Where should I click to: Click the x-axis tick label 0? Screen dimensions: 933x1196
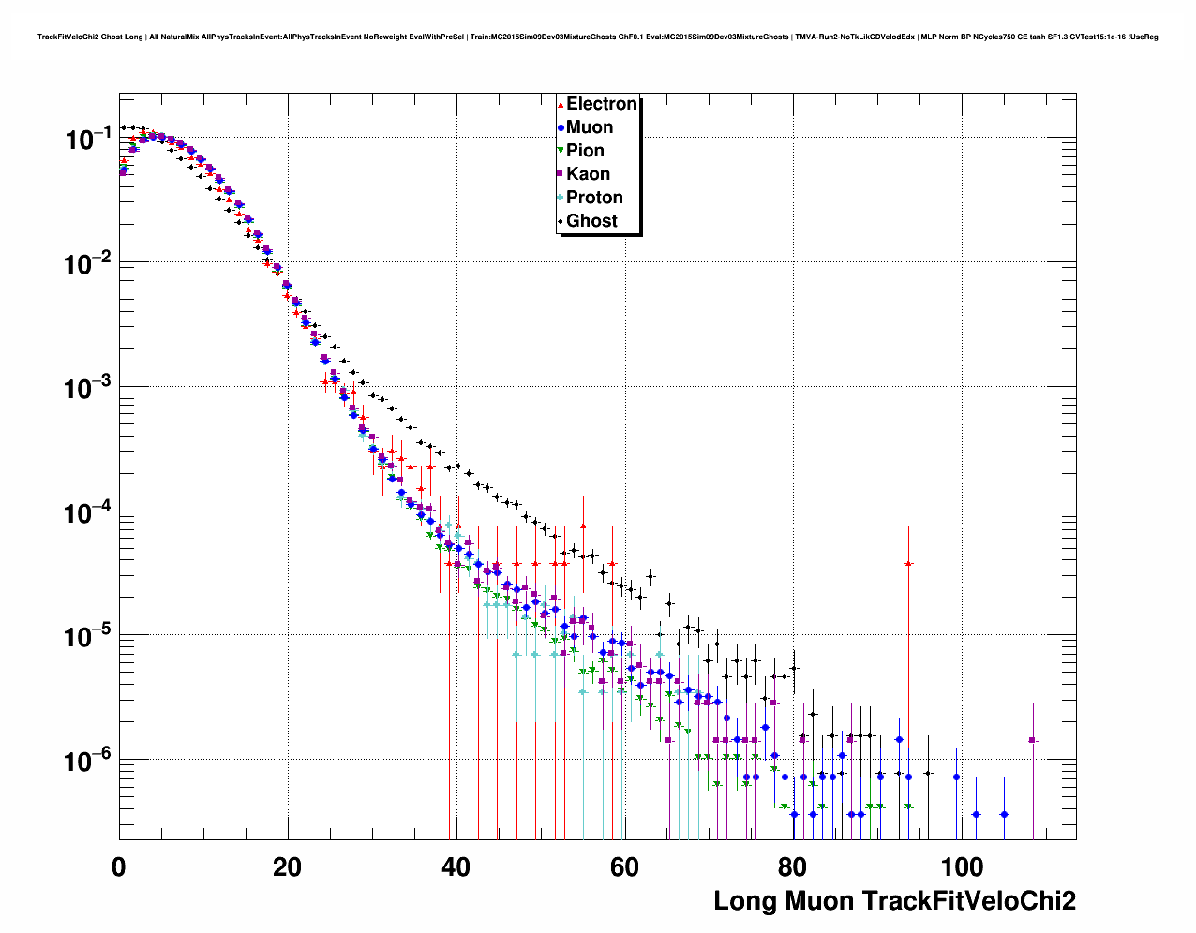click(x=119, y=867)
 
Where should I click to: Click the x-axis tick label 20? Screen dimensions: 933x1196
click(x=287, y=867)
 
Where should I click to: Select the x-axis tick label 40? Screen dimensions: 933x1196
click(x=456, y=867)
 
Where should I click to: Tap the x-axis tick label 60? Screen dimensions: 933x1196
click(x=624, y=867)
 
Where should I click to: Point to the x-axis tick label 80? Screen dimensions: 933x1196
click(x=792, y=867)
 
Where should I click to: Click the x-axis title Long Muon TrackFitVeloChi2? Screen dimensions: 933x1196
click(x=894, y=901)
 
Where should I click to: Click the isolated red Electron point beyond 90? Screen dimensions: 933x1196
click(x=908, y=564)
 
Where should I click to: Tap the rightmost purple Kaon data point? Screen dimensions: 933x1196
click(x=1032, y=740)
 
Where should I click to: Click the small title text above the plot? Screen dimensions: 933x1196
click(x=597, y=37)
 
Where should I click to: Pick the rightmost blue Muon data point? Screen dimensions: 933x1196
click(x=1004, y=815)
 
